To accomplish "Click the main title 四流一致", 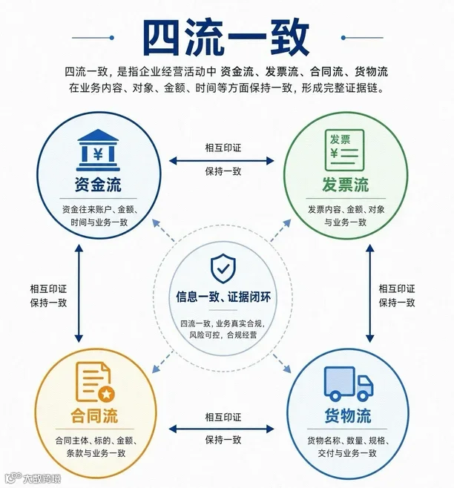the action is tap(227, 38).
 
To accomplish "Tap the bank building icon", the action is tap(98, 150).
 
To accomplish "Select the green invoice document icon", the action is tap(344, 151).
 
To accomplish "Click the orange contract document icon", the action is tap(95, 382).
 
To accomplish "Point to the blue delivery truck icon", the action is tap(349, 383).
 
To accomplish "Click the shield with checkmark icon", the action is tap(223, 268).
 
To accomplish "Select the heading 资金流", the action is tap(98, 185).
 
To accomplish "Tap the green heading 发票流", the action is tap(346, 185).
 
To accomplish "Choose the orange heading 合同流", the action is tap(94, 415).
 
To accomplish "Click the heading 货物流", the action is tap(348, 415).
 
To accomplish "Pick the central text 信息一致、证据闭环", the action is tap(223, 297).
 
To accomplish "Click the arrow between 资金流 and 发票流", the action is tap(221, 161).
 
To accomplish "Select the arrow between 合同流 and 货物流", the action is tap(221, 429).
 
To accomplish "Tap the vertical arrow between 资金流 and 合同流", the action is tap(79, 293).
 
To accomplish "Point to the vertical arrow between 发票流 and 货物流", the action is tap(370, 293).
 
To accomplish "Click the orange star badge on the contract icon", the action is tap(107, 395).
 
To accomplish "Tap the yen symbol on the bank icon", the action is tap(98, 154).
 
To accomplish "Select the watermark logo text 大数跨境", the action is tap(41, 478).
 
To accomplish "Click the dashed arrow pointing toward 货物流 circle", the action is tap(281, 363).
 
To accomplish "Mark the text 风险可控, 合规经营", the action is tap(223, 335).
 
